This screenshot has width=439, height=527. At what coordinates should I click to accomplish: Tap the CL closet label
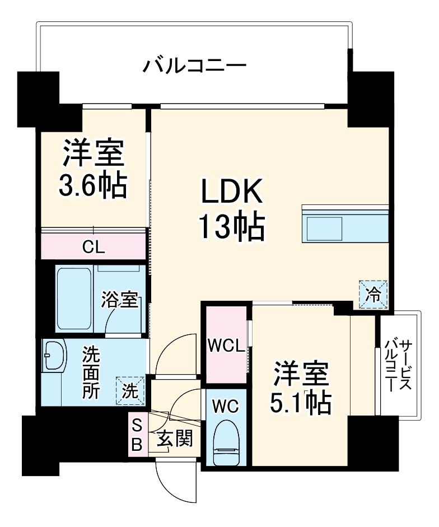pyautogui.click(x=93, y=246)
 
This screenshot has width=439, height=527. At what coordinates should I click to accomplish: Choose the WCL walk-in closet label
pyautogui.click(x=226, y=346)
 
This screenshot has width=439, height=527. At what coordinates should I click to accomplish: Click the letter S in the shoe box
pyautogui.click(x=137, y=426)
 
